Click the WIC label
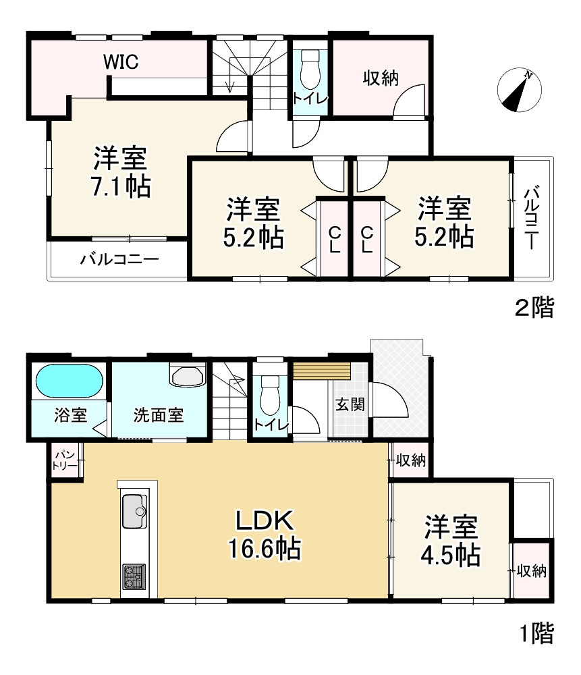point(121,62)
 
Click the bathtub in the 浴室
point(70,381)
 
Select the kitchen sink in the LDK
point(135,511)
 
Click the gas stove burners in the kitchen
point(134,577)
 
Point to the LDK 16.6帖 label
point(265,534)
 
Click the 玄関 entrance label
point(350,404)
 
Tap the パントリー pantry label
point(65,460)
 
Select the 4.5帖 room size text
point(450,556)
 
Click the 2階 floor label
point(534,308)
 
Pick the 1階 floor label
point(536,633)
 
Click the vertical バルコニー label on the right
point(532,218)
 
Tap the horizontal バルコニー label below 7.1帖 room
point(119,259)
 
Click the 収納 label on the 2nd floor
point(381,78)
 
